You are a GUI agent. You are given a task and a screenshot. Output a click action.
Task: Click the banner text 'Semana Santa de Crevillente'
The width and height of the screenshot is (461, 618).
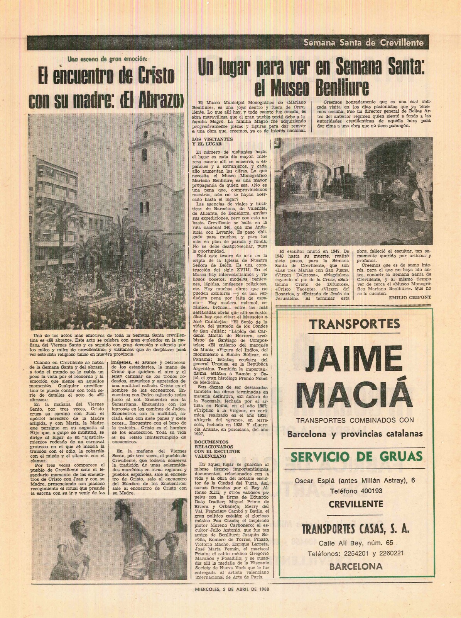click(x=363, y=43)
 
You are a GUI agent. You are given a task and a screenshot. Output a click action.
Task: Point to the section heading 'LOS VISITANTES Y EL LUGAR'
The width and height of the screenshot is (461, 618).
click(x=212, y=141)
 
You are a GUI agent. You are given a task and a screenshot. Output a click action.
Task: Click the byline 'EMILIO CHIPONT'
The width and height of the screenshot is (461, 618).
click(x=410, y=297)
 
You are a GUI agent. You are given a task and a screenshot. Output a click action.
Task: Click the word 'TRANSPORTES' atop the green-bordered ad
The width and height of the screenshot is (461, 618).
click(x=355, y=324)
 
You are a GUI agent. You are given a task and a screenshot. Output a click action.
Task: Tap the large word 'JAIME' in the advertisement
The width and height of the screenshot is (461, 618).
click(x=355, y=359)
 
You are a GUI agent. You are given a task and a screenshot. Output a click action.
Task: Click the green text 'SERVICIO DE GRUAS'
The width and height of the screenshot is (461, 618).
click(x=356, y=457)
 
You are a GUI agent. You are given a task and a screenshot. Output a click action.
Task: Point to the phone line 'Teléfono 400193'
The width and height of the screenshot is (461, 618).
click(x=356, y=491)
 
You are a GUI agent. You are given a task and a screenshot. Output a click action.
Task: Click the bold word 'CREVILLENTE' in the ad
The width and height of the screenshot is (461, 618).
click(x=356, y=504)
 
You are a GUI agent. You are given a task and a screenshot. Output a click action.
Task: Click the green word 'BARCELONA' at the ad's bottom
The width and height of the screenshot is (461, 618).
click(x=356, y=567)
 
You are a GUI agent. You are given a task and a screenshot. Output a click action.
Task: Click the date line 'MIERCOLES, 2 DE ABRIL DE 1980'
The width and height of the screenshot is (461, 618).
click(x=231, y=589)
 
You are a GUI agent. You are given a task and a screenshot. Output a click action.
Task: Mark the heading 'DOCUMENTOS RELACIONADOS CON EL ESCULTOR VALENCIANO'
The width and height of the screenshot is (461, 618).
click(x=217, y=448)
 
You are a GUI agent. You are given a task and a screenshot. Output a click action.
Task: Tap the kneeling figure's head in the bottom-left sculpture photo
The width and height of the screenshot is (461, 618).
click(x=78, y=527)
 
